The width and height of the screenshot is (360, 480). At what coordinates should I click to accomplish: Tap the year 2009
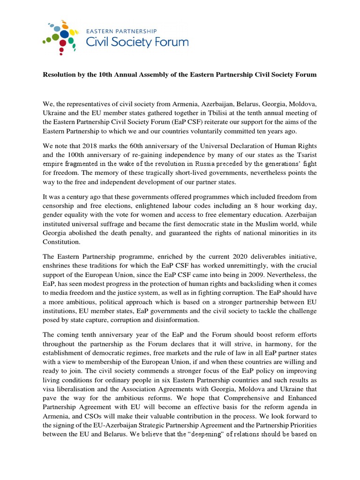click(241, 275)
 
